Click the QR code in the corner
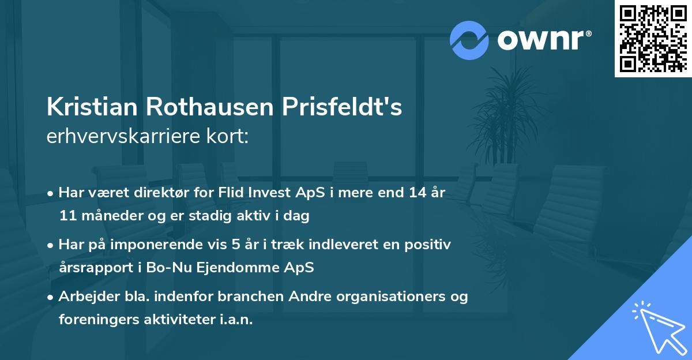tap(653, 38)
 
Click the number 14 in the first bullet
tap(413, 193)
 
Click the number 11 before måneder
tap(67, 216)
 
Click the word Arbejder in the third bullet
tap(85, 297)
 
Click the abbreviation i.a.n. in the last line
tap(233, 320)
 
